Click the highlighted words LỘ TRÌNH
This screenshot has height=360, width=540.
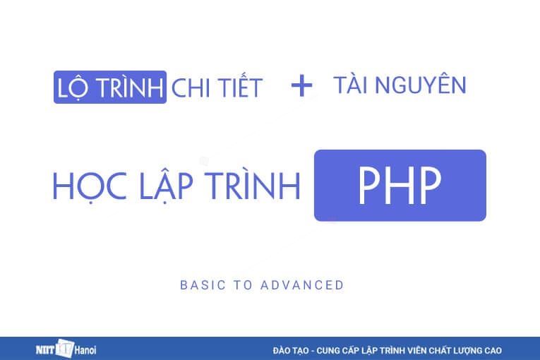coord(110,88)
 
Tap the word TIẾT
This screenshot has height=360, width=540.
coord(239,88)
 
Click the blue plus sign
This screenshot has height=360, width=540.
coord(301,86)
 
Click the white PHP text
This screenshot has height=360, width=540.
coord(400,185)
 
